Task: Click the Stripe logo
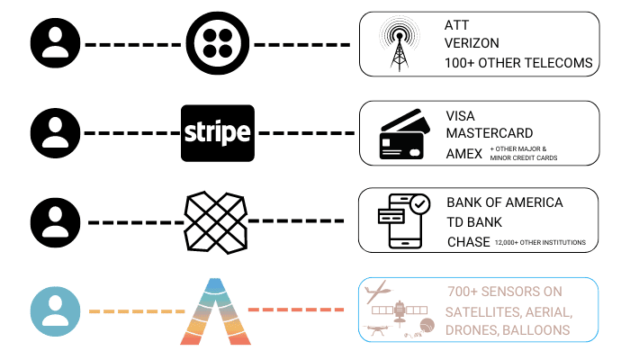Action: point(217,133)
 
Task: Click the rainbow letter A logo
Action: point(215,311)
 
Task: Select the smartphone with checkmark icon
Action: point(402,221)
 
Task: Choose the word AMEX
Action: point(463,153)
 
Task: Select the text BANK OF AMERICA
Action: point(505,202)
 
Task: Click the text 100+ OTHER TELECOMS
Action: point(519,63)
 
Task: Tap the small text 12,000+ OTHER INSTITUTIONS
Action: point(540,243)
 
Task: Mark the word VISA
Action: point(461,115)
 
